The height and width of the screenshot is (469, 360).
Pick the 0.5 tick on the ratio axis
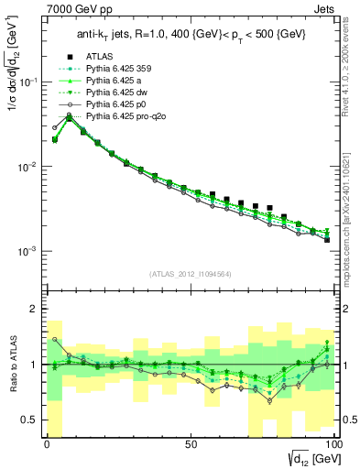pyautogui.click(x=28, y=420)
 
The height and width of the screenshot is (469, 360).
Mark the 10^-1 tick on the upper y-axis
pyautogui.click(x=25, y=82)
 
